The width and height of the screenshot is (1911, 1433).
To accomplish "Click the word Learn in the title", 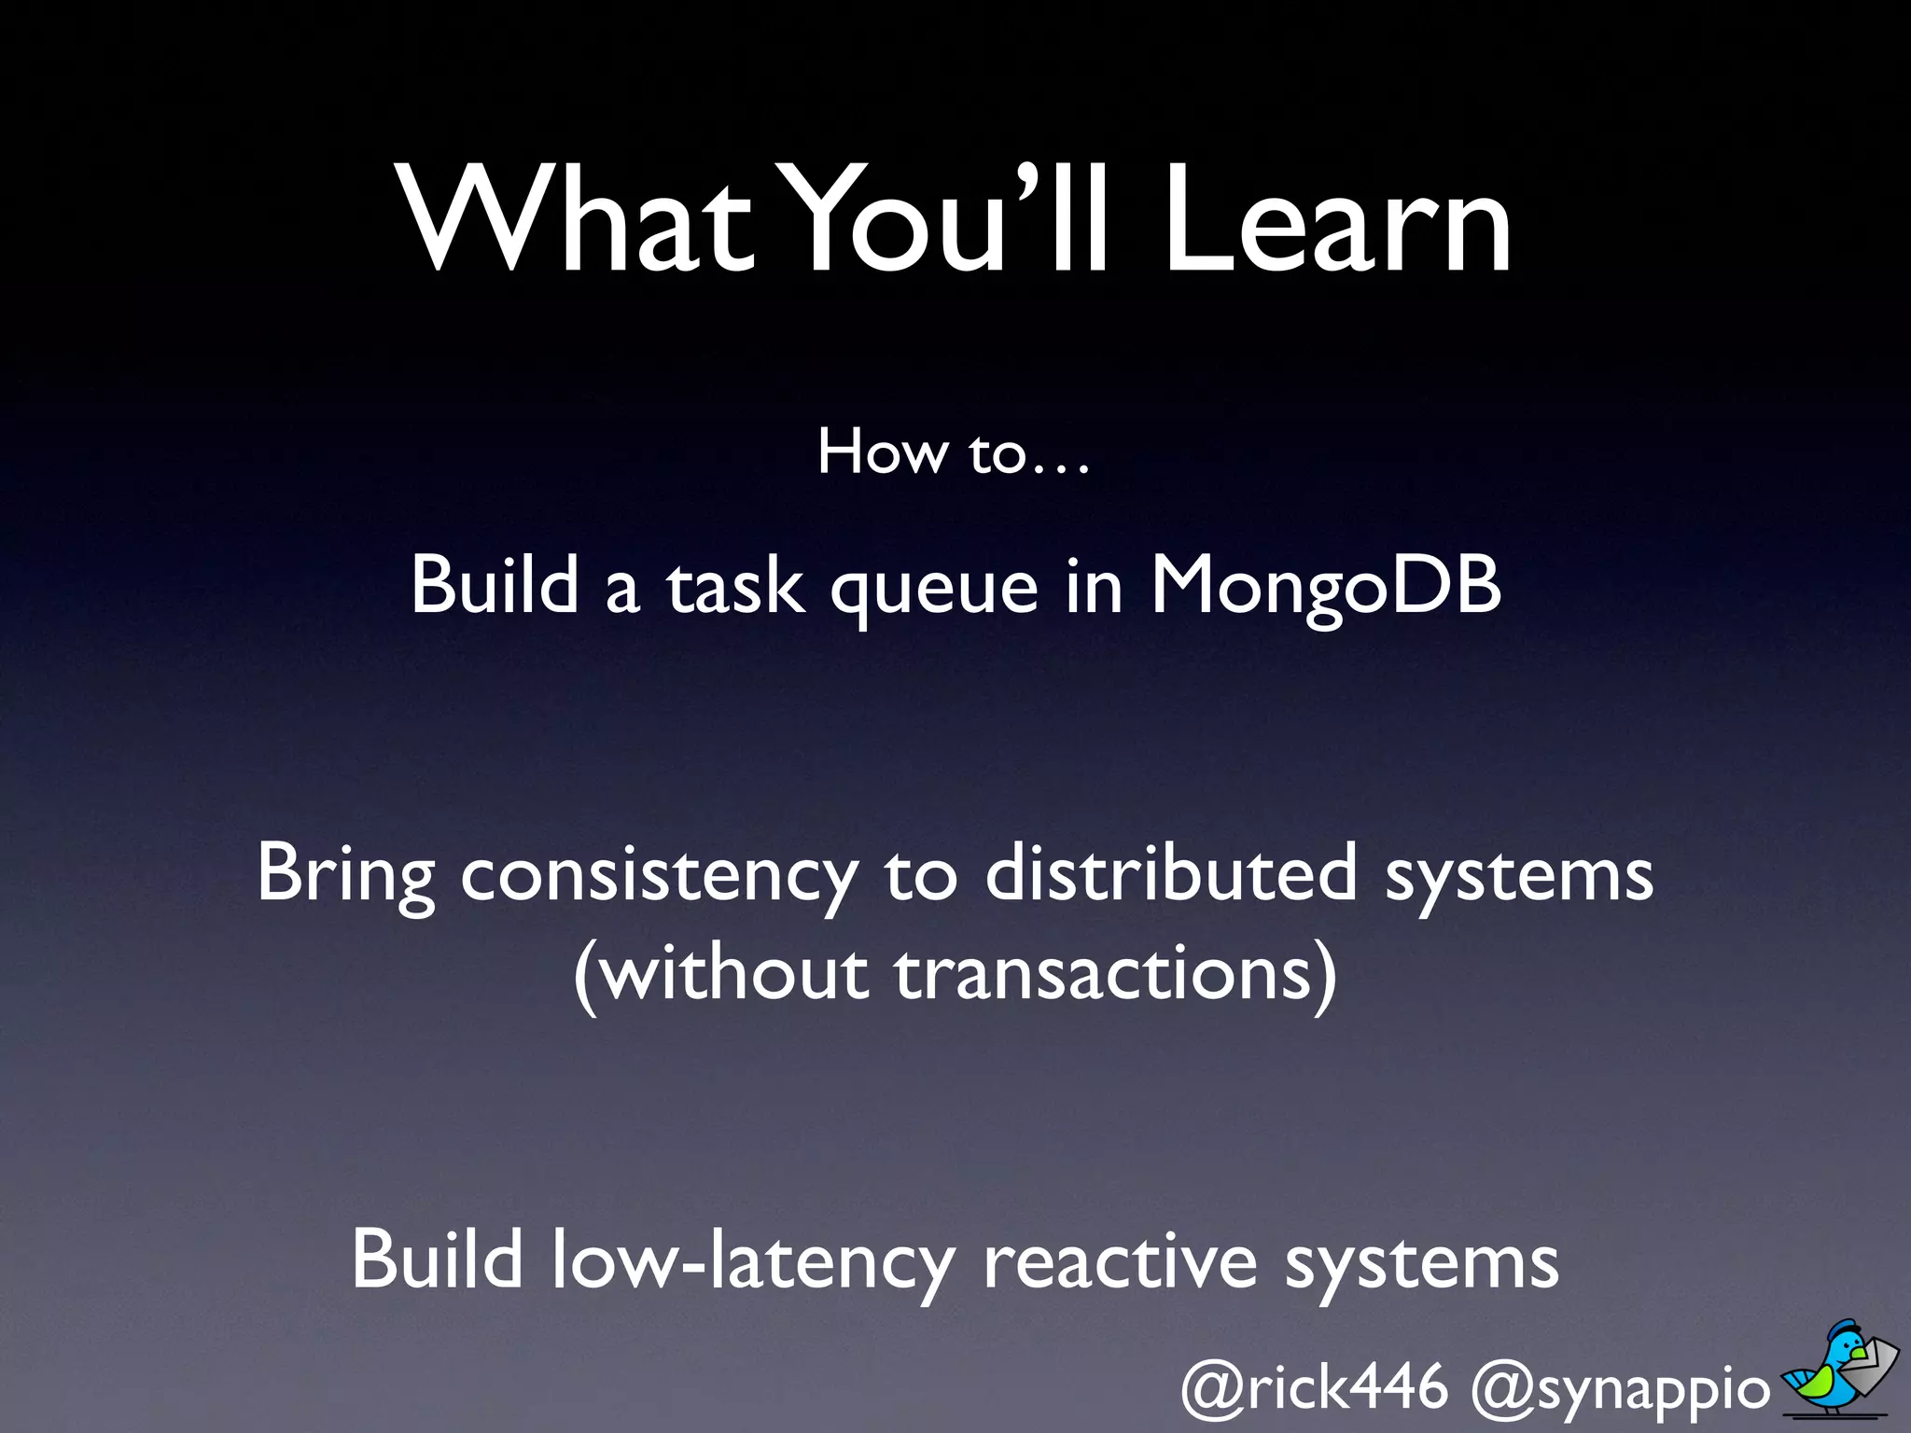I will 1336,224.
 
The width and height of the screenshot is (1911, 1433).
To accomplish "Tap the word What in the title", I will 577,224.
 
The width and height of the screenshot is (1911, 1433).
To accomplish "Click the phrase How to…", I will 954,453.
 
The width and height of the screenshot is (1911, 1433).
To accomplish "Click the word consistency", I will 659,877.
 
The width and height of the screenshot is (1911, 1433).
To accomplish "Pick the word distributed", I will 1171,873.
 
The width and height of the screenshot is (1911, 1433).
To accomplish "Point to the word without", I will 734,974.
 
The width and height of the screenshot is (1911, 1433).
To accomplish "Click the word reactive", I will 1120,1261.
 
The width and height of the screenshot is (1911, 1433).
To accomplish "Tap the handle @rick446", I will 1314,1388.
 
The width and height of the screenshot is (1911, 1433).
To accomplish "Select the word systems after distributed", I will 1518,877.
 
